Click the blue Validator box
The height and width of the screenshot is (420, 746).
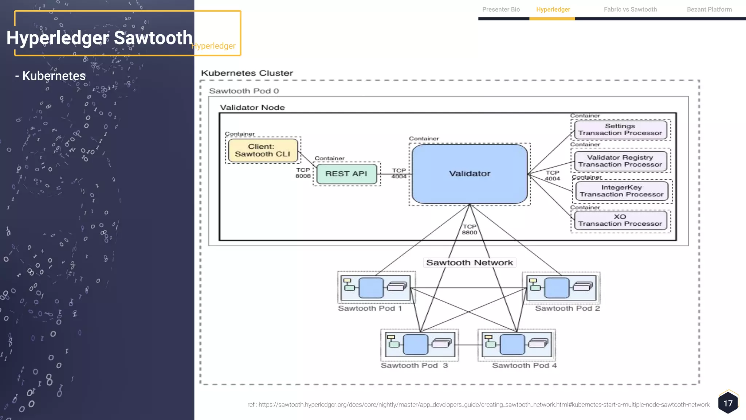pyautogui.click(x=469, y=174)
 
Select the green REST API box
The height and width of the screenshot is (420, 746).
pyautogui.click(x=346, y=174)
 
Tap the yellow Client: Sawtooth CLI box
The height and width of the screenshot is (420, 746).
pyautogui.click(x=263, y=150)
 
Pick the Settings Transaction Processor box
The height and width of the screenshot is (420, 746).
pyautogui.click(x=620, y=129)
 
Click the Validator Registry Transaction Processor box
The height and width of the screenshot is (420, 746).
pyautogui.click(x=620, y=161)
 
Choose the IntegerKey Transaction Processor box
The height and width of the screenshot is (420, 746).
pyautogui.click(x=621, y=191)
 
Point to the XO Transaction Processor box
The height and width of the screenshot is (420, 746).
pyautogui.click(x=620, y=220)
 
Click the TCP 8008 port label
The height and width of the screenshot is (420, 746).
pyautogui.click(x=303, y=173)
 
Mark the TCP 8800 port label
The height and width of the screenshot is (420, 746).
pyautogui.click(x=469, y=229)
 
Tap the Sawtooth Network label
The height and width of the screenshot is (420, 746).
pyautogui.click(x=469, y=262)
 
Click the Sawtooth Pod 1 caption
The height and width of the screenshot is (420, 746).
pyautogui.click(x=370, y=308)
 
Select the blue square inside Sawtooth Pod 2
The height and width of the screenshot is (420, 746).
pyautogui.click(x=557, y=288)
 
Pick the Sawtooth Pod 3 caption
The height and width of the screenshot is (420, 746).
pyautogui.click(x=414, y=365)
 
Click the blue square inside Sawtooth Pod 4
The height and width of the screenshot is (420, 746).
pyautogui.click(x=512, y=345)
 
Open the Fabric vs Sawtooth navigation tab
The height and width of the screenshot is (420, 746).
pyautogui.click(x=630, y=9)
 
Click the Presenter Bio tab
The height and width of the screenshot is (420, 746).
pyautogui.click(x=501, y=9)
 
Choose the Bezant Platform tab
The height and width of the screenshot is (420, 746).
pyautogui.click(x=709, y=9)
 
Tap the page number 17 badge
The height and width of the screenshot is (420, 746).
pyautogui.click(x=728, y=403)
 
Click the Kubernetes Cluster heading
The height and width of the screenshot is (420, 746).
pyautogui.click(x=247, y=73)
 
